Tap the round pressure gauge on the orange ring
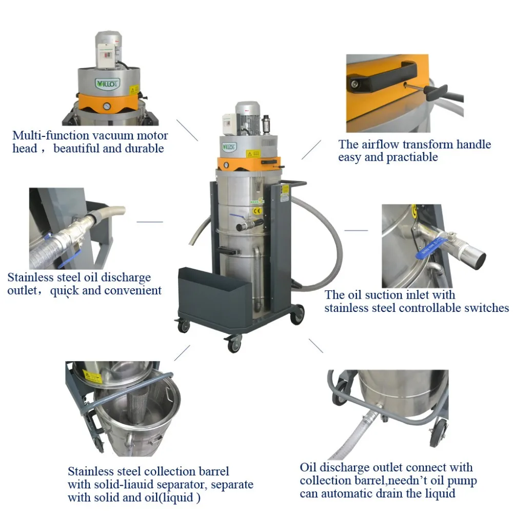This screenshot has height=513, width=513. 106,106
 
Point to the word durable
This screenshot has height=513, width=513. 146,149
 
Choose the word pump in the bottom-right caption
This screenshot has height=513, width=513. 465,481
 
